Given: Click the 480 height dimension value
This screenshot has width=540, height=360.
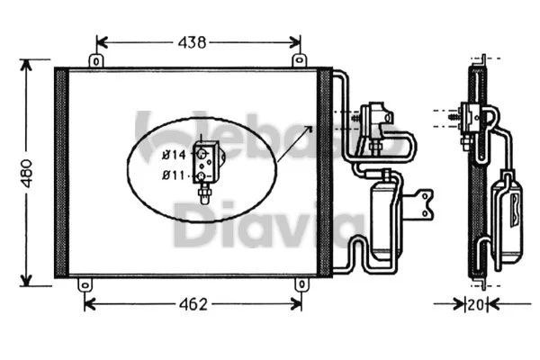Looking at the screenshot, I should pos(27,171).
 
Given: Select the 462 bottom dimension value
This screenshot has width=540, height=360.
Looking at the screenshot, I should pos(192,304).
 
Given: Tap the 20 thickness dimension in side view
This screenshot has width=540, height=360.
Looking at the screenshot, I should pos(475,304).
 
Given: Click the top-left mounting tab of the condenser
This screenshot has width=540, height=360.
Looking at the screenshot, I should pos(94,60).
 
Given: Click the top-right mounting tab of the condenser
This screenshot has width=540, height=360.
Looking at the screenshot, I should pos(300,60).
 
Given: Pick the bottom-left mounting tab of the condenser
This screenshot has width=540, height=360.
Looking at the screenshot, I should pos(85,284).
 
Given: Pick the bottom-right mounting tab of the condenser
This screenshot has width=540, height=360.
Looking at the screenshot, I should pos(300,284).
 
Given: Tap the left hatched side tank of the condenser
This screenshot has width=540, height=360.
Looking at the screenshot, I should pos(61,171).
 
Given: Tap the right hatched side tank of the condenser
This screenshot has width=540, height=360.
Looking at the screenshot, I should pos(325,171).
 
